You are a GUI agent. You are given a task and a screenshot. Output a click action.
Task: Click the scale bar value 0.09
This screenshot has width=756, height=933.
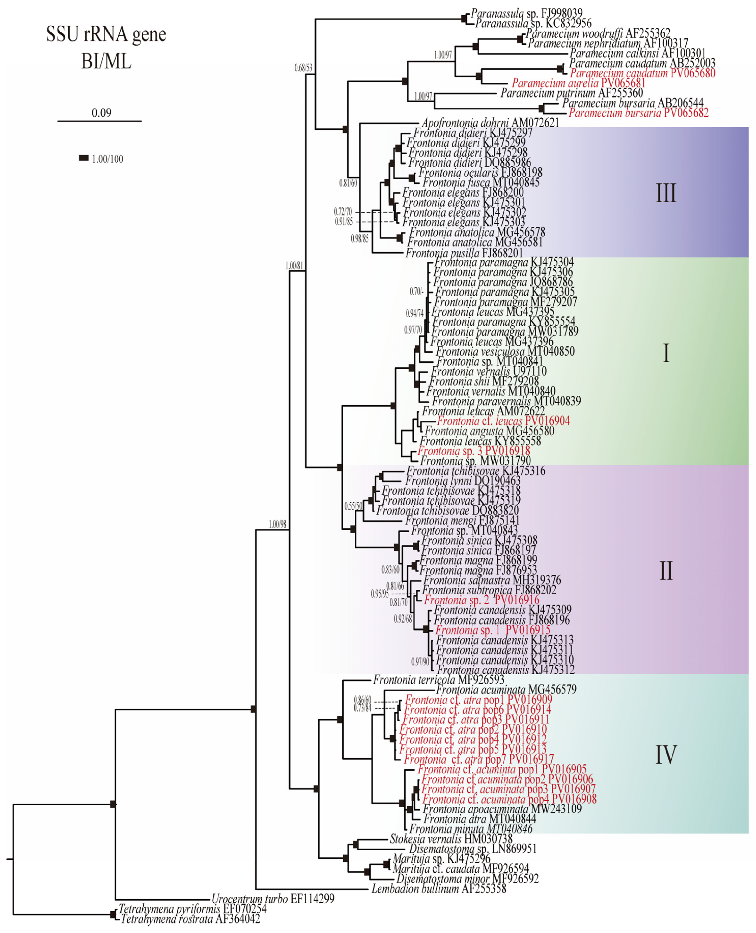click(102, 113)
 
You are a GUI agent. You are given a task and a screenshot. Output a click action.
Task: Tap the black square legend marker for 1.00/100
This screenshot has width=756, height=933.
click(84, 158)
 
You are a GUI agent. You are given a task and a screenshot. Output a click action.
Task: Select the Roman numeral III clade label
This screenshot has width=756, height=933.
click(666, 193)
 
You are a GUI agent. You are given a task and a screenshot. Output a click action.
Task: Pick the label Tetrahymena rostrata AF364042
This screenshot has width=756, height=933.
click(190, 919)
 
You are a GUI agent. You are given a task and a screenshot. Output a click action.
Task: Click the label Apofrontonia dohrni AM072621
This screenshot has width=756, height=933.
click(490, 123)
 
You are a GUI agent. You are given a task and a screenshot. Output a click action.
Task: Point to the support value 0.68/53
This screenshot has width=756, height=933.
click(303, 68)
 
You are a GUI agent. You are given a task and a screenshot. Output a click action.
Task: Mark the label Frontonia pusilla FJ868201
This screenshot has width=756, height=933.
click(464, 253)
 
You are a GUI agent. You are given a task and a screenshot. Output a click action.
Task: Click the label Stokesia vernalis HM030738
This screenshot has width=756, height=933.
click(451, 838)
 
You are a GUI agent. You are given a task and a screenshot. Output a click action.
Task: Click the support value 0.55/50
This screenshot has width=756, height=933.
click(353, 506)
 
